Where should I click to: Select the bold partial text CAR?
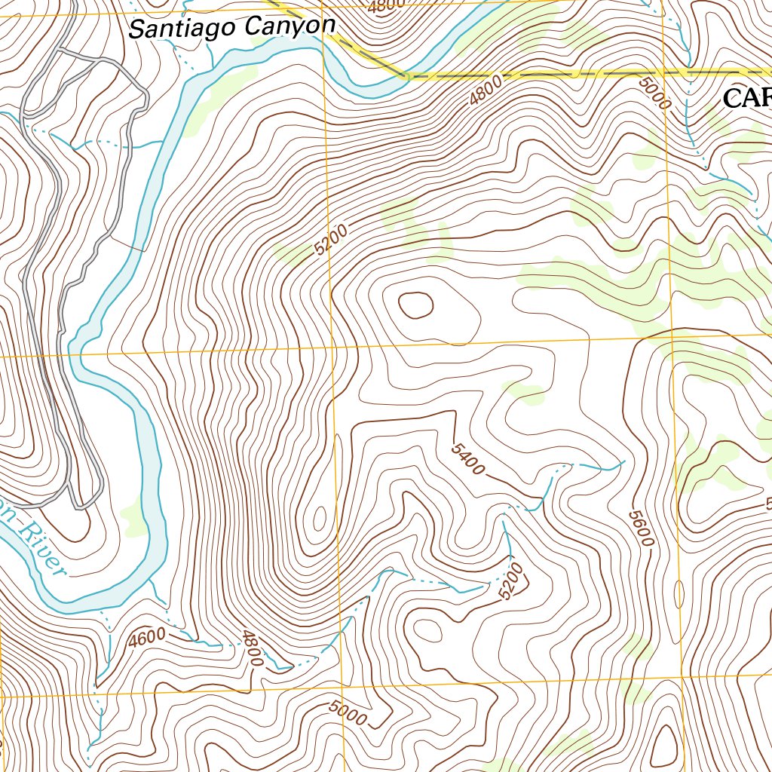point(746,98)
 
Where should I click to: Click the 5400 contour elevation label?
point(467,459)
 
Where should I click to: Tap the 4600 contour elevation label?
point(146,638)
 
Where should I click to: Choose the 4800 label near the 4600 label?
point(253,648)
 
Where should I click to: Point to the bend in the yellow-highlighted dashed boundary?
point(406,75)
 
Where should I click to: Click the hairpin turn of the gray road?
point(81,504)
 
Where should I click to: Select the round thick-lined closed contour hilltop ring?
point(415,305)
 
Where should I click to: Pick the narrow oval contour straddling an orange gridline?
point(679,594)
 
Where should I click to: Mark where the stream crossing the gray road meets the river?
point(163,141)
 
